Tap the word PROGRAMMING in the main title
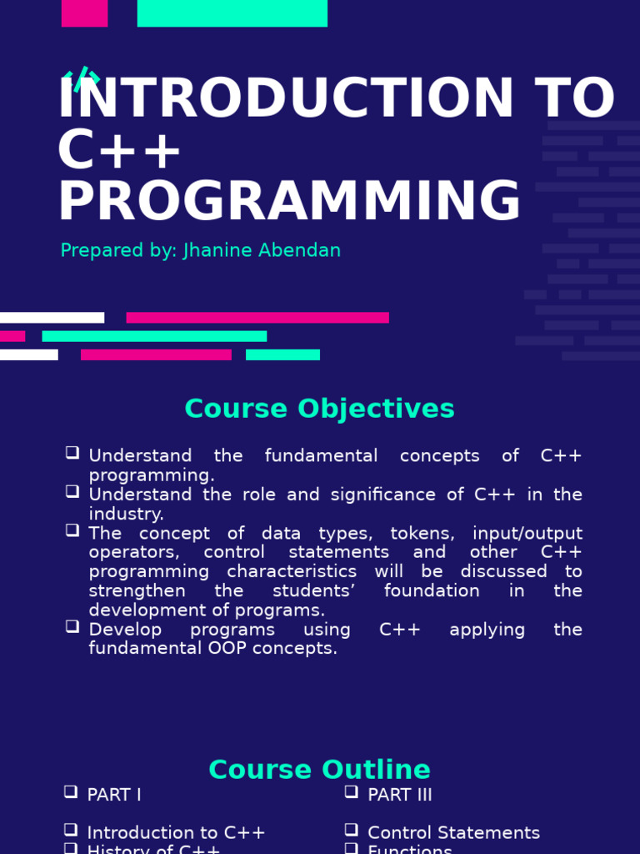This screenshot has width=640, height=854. [x=288, y=203]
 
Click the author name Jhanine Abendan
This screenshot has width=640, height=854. [x=262, y=250]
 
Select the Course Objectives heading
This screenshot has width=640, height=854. [x=319, y=409]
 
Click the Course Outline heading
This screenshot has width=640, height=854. [x=319, y=770]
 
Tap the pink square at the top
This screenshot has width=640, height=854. [x=84, y=13]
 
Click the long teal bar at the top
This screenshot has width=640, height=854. [x=232, y=13]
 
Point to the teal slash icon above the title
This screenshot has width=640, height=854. [x=82, y=79]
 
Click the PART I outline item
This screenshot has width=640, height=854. [x=114, y=795]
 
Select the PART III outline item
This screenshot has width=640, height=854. [x=400, y=795]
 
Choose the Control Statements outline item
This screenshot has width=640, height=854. [x=453, y=833]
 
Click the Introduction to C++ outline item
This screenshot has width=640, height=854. [x=176, y=833]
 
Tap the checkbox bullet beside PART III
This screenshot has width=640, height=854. [x=352, y=792]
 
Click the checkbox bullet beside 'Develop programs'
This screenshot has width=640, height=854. [x=72, y=626]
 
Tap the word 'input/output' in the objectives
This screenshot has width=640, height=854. [x=527, y=533]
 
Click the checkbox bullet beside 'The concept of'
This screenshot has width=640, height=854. [x=72, y=530]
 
